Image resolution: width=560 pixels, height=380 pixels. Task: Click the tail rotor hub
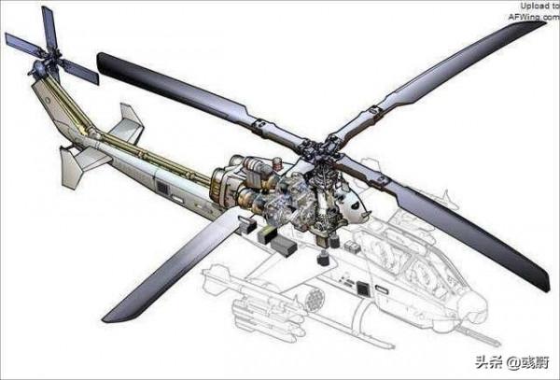(38, 68)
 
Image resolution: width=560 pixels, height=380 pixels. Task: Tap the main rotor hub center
(320, 151)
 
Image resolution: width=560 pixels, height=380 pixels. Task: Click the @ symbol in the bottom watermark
(513, 362)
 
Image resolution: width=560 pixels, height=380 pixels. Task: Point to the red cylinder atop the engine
(277, 163)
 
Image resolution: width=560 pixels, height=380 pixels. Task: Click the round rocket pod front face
(314, 299)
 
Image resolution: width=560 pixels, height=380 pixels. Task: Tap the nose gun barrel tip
(497, 343)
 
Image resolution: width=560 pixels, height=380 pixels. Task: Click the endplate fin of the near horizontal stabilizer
(70, 168)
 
